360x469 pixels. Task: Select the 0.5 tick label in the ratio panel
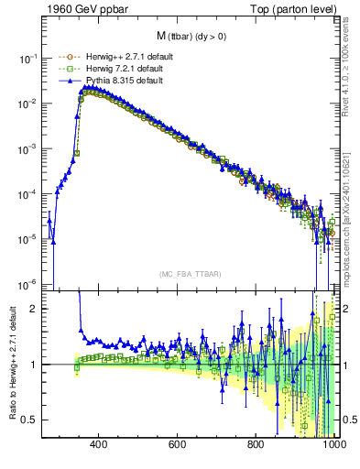coord(29,420)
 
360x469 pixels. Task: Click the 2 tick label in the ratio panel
coord(34,309)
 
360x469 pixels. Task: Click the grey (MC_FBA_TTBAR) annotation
coord(188,274)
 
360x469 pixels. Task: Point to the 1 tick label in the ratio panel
coord(34,365)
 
